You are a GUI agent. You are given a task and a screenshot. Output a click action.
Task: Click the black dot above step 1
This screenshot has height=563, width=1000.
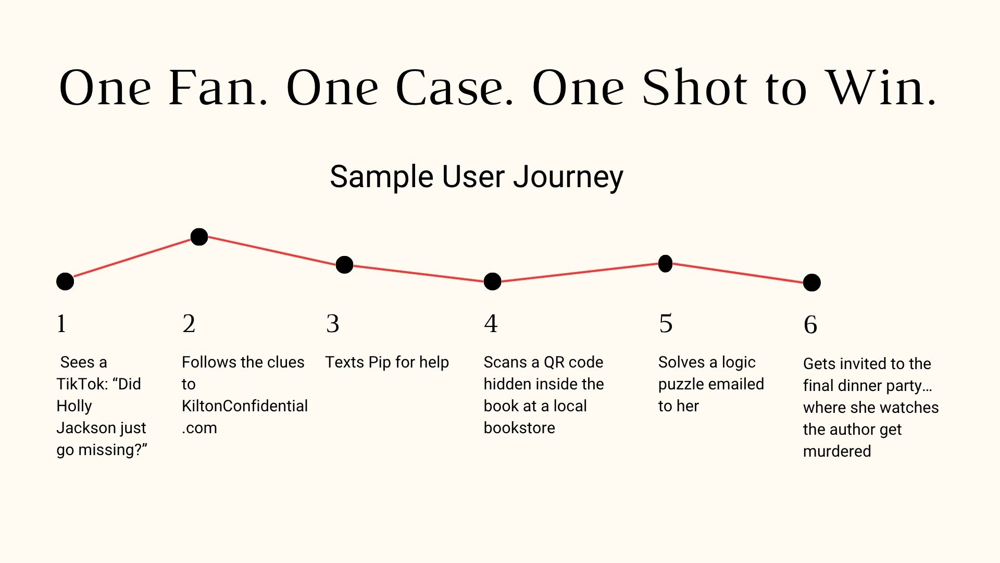(65, 281)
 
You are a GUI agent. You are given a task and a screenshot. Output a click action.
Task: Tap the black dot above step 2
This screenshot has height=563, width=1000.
(199, 237)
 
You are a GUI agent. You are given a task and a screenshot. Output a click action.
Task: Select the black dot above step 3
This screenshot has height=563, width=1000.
(344, 265)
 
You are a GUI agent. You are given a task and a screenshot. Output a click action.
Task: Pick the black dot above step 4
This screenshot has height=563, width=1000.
(492, 281)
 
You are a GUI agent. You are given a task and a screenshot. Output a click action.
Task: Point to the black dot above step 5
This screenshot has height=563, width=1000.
(665, 264)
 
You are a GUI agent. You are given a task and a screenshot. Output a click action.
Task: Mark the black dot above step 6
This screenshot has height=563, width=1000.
(811, 283)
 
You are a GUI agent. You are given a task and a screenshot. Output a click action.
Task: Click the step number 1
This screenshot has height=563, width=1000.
(61, 324)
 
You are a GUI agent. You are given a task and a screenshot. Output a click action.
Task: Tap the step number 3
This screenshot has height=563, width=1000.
(333, 324)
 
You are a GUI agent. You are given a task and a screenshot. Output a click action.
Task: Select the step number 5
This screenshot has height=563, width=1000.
(666, 324)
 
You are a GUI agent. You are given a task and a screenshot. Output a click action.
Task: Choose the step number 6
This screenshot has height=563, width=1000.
(810, 325)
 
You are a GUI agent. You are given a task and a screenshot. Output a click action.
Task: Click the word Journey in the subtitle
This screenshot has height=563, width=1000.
(568, 177)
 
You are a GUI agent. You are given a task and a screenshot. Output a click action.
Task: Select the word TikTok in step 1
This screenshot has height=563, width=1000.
(80, 384)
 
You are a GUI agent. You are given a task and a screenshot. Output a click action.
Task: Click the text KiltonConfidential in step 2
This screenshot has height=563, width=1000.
(245, 406)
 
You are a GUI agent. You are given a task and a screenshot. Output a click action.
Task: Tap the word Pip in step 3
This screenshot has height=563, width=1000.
(380, 362)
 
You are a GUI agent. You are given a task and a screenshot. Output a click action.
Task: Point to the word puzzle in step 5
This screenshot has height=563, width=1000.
(680, 385)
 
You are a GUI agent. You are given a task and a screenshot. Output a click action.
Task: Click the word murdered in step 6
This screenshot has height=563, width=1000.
(837, 451)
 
